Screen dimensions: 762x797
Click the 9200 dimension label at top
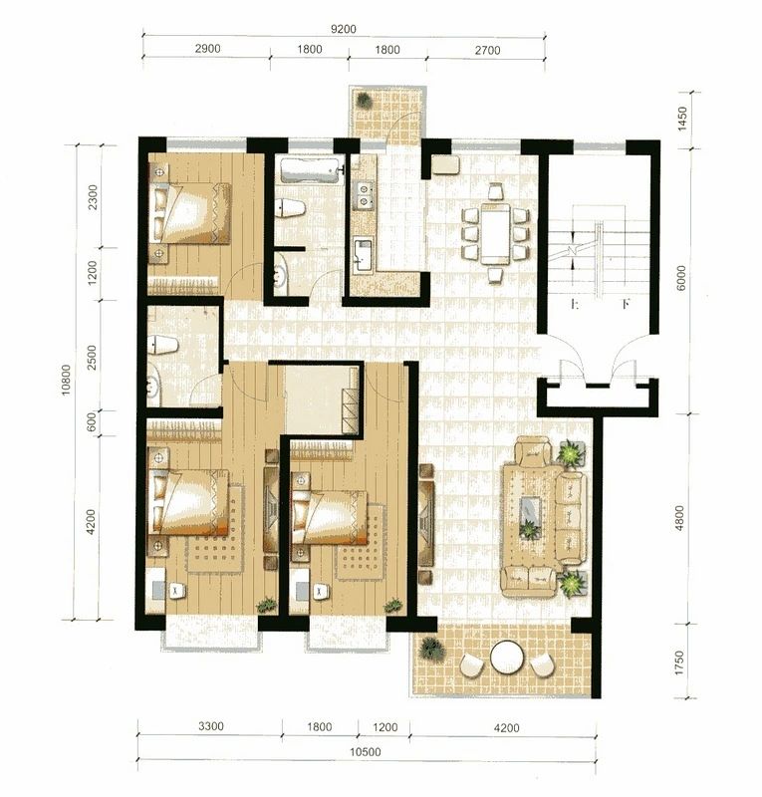(343, 29)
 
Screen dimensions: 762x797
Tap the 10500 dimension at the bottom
(366, 752)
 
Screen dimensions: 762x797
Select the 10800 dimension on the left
(67, 381)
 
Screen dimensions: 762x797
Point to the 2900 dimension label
(208, 48)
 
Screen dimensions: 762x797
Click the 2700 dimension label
(487, 50)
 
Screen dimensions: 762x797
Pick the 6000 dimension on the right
(681, 278)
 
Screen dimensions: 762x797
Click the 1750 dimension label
(680, 664)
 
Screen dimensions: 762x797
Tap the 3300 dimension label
(210, 726)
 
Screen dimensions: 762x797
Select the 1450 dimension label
(682, 119)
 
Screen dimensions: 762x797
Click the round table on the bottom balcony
(507, 658)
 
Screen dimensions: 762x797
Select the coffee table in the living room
(530, 517)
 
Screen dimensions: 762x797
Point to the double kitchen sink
(364, 195)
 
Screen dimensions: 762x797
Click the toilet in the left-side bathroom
(163, 346)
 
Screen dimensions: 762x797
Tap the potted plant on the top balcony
(364, 101)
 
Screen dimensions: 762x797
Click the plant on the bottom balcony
(431, 650)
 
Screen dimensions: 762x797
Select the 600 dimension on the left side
(92, 421)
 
